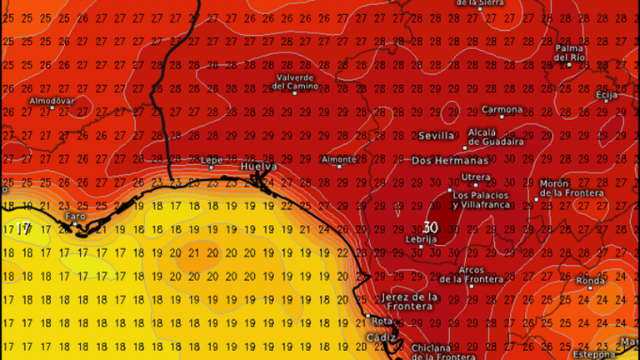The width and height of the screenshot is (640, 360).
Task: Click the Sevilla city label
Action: [x=437, y=135]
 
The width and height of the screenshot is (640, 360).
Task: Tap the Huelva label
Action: [x=257, y=167]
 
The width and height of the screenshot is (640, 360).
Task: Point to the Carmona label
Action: [x=503, y=109]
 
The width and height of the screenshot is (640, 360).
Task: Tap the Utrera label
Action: [x=476, y=177]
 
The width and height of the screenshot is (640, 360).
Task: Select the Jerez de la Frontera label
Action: [x=410, y=301]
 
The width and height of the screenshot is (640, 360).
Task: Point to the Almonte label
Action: [x=338, y=158]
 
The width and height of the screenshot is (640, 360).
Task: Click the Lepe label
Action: [x=212, y=159]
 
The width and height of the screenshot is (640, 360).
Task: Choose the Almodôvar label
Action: [x=52, y=101]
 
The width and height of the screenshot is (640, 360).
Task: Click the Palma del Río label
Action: [x=571, y=52]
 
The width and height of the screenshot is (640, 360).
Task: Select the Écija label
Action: [x=607, y=95]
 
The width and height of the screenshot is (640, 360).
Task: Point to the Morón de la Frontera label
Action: [x=571, y=187]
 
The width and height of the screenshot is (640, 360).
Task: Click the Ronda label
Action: [x=590, y=281]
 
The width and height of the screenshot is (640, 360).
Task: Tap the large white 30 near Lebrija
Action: [x=431, y=227]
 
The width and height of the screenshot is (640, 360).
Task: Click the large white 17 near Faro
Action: [x=23, y=228]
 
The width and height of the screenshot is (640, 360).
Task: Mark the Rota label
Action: [x=382, y=322]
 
